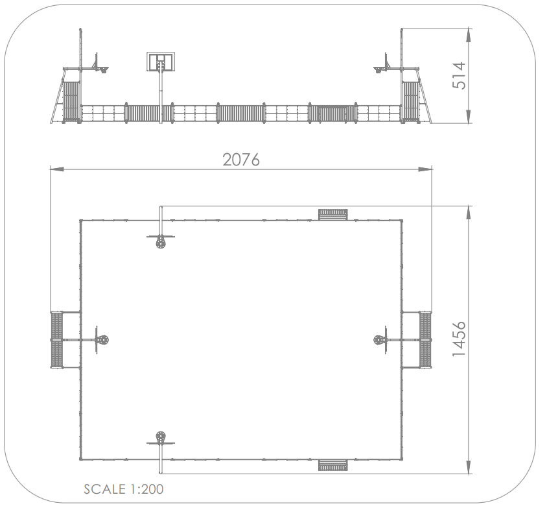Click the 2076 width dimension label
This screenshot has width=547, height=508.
(241, 160)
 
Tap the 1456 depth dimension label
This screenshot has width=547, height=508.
(459, 339)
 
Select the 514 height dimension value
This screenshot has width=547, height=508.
(459, 76)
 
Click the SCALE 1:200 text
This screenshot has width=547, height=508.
(124, 489)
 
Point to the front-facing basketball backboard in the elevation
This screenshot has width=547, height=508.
(161, 62)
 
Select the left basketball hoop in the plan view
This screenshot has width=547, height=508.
(103, 340)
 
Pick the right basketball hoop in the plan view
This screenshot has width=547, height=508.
(379, 340)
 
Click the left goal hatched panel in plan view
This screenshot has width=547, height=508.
(56, 340)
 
